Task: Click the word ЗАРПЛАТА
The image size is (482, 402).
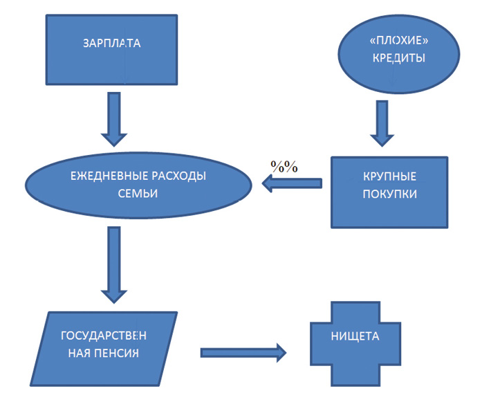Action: pos(111,44)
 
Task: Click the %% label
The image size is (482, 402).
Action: pos(284,167)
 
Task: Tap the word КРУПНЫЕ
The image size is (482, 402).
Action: pos(389,178)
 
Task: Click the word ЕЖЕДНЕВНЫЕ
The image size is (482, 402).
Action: pos(106,176)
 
